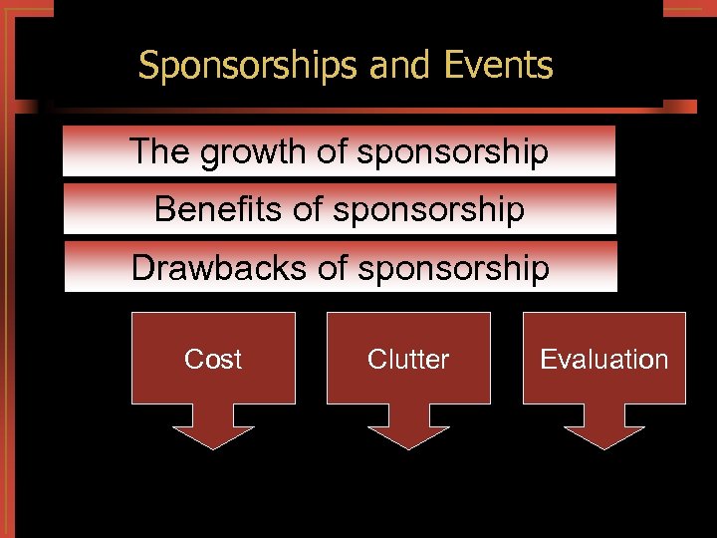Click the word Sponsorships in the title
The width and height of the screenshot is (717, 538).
(x=249, y=66)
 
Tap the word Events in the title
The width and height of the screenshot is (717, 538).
(x=499, y=66)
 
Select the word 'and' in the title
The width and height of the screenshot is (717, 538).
(x=399, y=66)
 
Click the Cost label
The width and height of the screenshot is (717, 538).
(x=213, y=359)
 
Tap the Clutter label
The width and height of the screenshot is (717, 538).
(x=408, y=359)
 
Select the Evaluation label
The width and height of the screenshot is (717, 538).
(x=603, y=359)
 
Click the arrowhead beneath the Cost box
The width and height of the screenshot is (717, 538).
(x=213, y=432)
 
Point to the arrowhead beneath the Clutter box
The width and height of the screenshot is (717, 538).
(x=408, y=432)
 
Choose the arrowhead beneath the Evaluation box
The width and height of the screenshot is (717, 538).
(x=603, y=432)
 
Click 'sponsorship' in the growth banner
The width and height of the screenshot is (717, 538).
(x=452, y=151)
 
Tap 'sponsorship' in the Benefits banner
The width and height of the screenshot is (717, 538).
(x=429, y=209)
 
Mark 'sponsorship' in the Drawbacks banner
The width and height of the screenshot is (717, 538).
(x=453, y=267)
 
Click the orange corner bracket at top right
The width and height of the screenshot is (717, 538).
(x=687, y=12)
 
